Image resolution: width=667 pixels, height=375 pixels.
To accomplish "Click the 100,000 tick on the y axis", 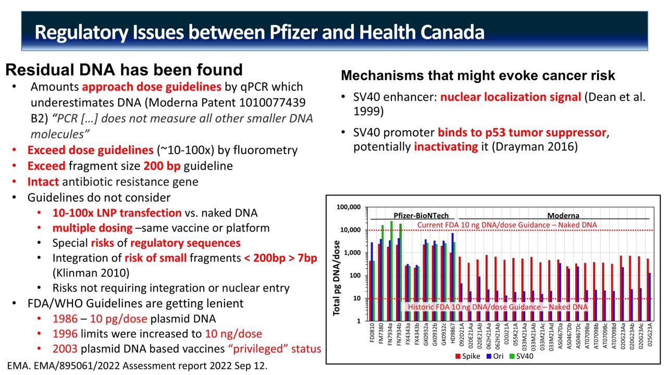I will tap(349, 207).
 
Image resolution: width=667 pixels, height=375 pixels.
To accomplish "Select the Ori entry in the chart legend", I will tap(496, 356).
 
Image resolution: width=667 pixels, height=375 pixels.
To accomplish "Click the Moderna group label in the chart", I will tap(563, 216).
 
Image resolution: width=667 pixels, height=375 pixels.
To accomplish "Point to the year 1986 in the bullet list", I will tap(65, 319).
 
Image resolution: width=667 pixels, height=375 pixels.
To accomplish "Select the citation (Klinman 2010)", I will tap(91, 272).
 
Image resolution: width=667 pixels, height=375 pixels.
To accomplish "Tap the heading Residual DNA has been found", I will tap(124, 70).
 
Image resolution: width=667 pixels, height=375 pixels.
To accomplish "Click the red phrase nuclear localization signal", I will tap(510, 97).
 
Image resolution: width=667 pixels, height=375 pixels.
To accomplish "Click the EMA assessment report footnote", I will tap(137, 366).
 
